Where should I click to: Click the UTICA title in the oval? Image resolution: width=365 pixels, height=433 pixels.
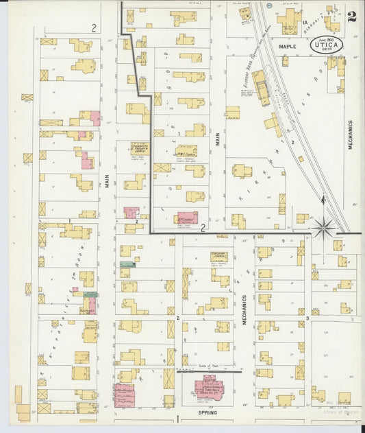pos(332,48)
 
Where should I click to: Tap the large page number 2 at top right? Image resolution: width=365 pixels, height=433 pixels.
pos(351,17)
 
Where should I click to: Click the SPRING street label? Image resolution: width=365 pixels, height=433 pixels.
pos(207,412)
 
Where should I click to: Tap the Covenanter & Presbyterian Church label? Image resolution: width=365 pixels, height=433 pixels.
pos(140,148)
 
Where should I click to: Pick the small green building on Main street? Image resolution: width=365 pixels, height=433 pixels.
pos(127,264)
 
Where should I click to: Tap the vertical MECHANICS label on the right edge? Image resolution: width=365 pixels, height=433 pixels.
pos(349,135)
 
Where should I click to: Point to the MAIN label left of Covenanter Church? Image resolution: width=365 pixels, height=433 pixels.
pos(107,180)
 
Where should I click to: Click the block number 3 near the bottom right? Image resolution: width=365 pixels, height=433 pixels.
pos(308,318)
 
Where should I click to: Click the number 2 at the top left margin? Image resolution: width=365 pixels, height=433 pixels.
pos(93,27)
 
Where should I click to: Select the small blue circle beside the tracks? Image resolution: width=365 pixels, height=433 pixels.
pos(270,5)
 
